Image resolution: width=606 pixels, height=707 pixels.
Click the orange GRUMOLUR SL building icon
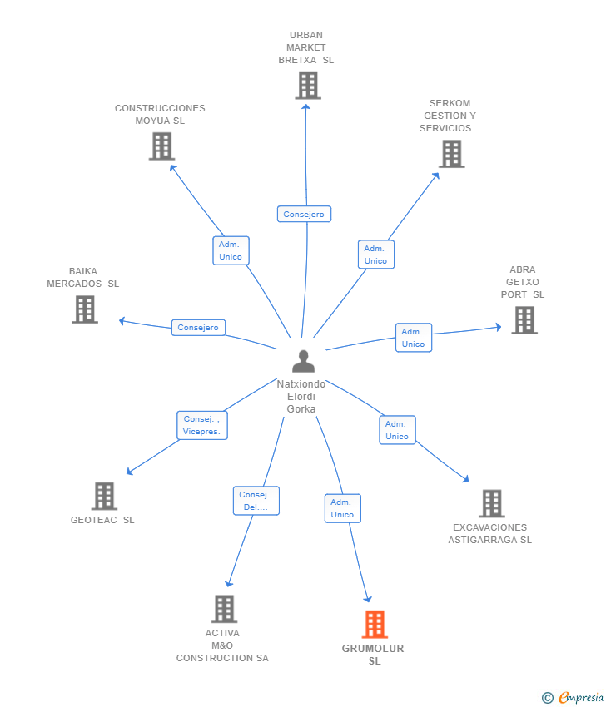click(375, 625)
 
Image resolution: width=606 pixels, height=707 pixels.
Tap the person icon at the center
click(303, 361)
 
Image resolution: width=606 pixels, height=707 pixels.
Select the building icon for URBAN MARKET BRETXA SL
click(308, 86)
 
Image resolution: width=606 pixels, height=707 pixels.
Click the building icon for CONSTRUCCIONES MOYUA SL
click(162, 146)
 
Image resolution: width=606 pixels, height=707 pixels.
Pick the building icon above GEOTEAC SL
click(104, 496)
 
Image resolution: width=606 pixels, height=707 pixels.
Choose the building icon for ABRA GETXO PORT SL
click(524, 320)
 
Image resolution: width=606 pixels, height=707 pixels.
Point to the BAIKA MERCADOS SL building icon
click(85, 309)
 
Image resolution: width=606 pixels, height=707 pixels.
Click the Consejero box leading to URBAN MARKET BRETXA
click(304, 214)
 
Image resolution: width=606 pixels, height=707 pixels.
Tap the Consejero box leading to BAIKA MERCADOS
click(198, 328)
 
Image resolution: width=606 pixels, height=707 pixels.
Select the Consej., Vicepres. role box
click(202, 425)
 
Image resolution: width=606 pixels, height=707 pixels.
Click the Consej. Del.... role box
click(256, 501)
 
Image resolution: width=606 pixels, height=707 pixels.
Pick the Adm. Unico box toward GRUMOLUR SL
click(342, 508)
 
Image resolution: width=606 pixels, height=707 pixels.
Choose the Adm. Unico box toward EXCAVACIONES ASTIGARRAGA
click(397, 430)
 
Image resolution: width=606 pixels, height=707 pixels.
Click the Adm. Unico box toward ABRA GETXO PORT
click(414, 338)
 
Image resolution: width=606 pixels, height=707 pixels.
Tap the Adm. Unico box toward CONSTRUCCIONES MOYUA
click(231, 250)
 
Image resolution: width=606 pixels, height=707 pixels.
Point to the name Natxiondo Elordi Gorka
click(301, 397)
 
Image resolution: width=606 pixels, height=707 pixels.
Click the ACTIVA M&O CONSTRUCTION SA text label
click(222, 645)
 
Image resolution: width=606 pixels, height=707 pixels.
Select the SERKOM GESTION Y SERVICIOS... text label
click(450, 116)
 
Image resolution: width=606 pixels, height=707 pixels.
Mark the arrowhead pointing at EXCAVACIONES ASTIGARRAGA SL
click(466, 479)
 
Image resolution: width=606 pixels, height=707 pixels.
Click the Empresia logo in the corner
click(573, 698)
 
